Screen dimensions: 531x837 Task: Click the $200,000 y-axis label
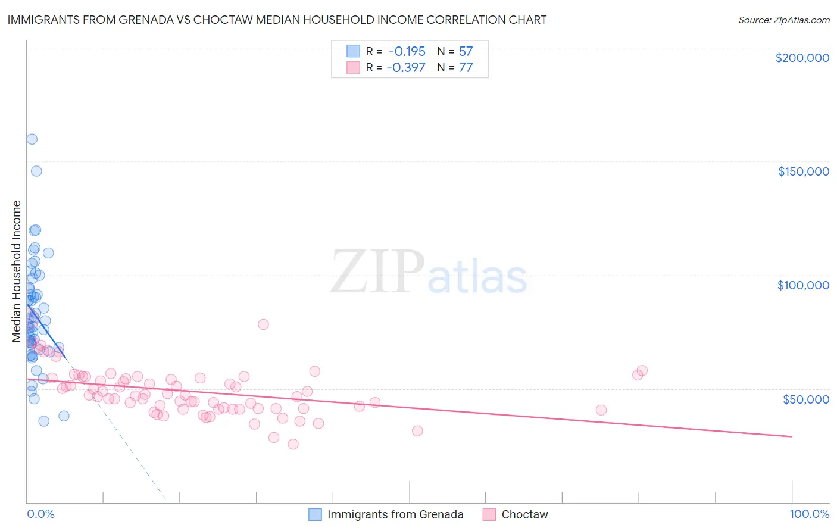(802, 58)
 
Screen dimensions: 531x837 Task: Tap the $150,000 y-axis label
(803, 171)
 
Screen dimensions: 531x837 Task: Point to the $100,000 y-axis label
(803, 285)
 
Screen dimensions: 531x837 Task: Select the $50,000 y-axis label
(805, 399)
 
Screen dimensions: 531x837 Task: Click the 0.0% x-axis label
(40, 514)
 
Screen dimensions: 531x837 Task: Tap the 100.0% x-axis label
(809, 514)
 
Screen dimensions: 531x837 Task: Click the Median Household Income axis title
(17, 271)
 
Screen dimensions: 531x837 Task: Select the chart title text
(277, 20)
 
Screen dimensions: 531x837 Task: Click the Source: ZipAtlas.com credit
(783, 20)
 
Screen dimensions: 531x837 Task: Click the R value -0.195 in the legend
(407, 51)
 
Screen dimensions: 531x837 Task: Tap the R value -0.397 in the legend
(406, 67)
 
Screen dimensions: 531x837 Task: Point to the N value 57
(466, 51)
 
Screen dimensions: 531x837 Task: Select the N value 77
(466, 67)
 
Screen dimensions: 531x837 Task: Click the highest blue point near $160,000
(32, 139)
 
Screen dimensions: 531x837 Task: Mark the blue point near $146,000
(36, 171)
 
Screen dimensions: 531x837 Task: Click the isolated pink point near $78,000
(263, 324)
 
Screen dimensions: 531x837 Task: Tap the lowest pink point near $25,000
(293, 444)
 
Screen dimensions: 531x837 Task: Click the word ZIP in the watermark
(377, 272)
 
